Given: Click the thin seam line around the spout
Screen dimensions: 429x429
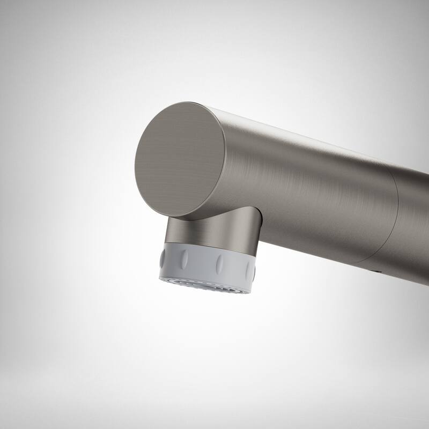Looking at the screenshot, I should (x=397, y=214).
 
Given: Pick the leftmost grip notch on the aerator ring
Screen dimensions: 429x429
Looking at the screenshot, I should (x=163, y=258).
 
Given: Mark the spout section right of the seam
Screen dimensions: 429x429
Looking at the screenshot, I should (x=416, y=225).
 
